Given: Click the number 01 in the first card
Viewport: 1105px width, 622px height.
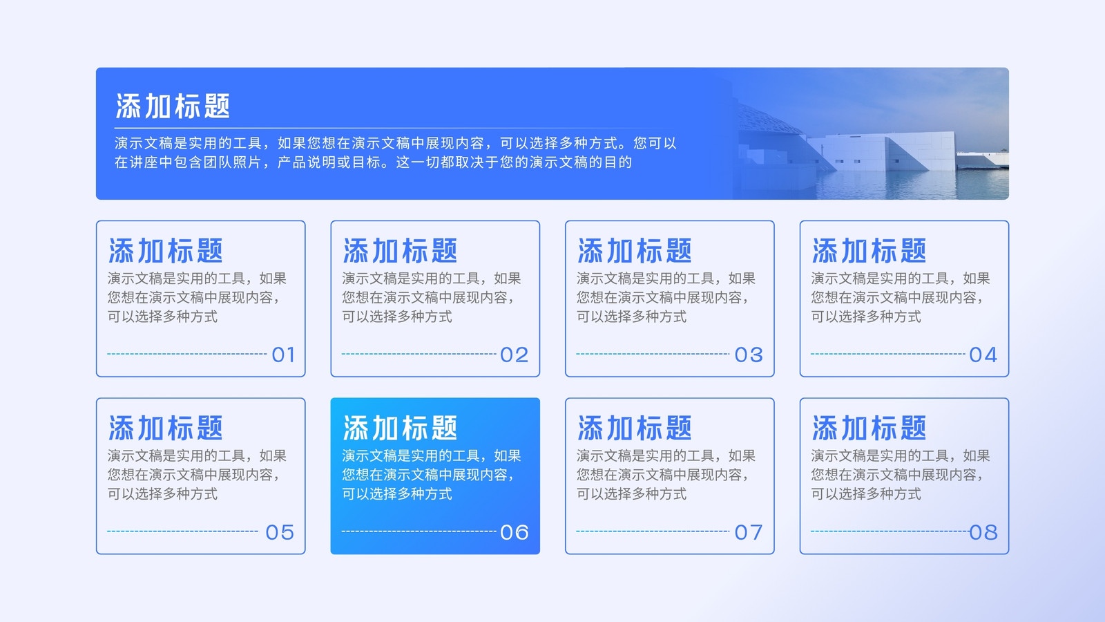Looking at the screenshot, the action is pyautogui.click(x=284, y=355).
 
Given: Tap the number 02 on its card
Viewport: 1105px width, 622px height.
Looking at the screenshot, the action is pyautogui.click(x=514, y=355).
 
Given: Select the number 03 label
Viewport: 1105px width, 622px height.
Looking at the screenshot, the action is pyautogui.click(x=749, y=355).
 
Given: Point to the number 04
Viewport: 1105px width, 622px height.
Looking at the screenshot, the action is pyautogui.click(x=983, y=355).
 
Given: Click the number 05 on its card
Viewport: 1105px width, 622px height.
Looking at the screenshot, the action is pyautogui.click(x=280, y=532).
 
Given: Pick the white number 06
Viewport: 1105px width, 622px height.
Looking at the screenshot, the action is pyautogui.click(x=514, y=532).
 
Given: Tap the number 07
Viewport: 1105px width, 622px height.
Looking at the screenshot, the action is pyautogui.click(x=749, y=532).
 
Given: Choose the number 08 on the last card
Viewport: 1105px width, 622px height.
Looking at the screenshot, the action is pyautogui.click(x=983, y=532).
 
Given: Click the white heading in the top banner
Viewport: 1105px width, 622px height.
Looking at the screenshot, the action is pyautogui.click(x=173, y=106).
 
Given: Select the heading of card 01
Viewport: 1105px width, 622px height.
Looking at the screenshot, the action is pyautogui.click(x=166, y=251).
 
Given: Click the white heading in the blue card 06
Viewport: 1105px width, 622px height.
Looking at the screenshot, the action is pyautogui.click(x=400, y=428).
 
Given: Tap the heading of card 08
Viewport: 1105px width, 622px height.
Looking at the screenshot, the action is pyautogui.click(x=869, y=428).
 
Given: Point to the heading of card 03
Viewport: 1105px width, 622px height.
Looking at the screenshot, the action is pyautogui.click(x=635, y=251).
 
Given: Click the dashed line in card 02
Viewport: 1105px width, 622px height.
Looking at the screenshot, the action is pyautogui.click(x=419, y=354).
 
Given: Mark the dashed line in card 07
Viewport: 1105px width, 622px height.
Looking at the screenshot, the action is pyautogui.click(x=653, y=531).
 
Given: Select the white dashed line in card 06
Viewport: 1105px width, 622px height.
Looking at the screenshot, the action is pyautogui.click(x=419, y=531).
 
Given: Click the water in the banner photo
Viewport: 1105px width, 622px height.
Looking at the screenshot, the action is pyautogui.click(x=912, y=185).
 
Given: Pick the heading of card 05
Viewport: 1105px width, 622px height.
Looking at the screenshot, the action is pyautogui.click(x=166, y=428).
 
